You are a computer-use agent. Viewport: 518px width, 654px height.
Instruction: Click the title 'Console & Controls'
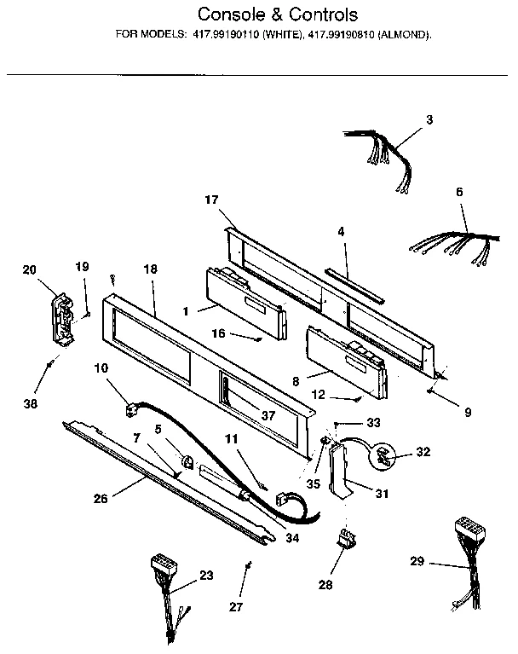click(x=278, y=14)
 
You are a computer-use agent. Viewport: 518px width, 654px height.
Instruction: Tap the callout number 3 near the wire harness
click(x=429, y=120)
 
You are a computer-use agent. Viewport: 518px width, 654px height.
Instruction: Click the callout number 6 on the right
click(x=459, y=193)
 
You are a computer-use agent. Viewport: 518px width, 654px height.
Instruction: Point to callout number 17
click(x=212, y=200)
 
